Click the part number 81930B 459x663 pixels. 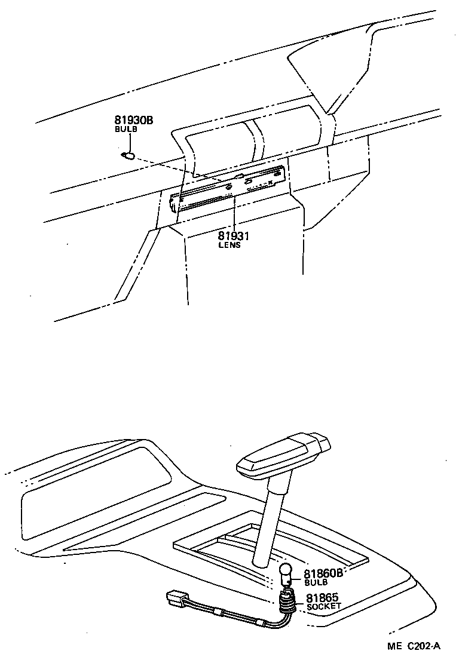[134, 121]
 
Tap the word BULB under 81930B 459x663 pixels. [126, 130]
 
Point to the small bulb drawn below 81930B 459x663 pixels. [127, 156]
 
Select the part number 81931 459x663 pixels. [233, 237]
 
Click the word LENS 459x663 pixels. [229, 245]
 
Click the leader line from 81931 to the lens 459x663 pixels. [234, 215]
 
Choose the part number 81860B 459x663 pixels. [323, 573]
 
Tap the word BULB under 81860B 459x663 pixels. [316, 582]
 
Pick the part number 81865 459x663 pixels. [322, 597]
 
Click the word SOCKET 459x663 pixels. [323, 606]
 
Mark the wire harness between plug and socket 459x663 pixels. [233, 615]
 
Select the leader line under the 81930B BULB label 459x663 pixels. [126, 142]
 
